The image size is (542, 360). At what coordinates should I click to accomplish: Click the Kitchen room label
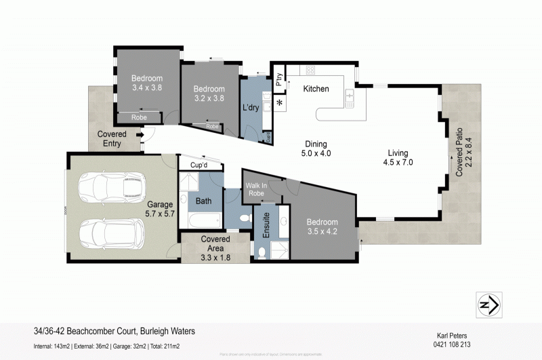[316, 89]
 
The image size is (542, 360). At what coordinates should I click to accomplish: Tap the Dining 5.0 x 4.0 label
[316, 148]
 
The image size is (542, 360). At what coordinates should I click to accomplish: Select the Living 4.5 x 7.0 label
[398, 157]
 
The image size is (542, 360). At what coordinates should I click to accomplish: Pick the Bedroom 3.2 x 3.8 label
[209, 94]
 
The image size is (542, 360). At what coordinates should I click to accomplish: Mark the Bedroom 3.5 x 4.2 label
[322, 226]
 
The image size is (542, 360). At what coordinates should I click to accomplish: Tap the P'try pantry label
[278, 80]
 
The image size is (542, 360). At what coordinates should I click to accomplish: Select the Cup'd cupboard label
[199, 165]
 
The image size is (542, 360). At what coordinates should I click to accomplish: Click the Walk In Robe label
[257, 189]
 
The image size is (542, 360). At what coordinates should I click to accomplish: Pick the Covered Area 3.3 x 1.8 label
[215, 248]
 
